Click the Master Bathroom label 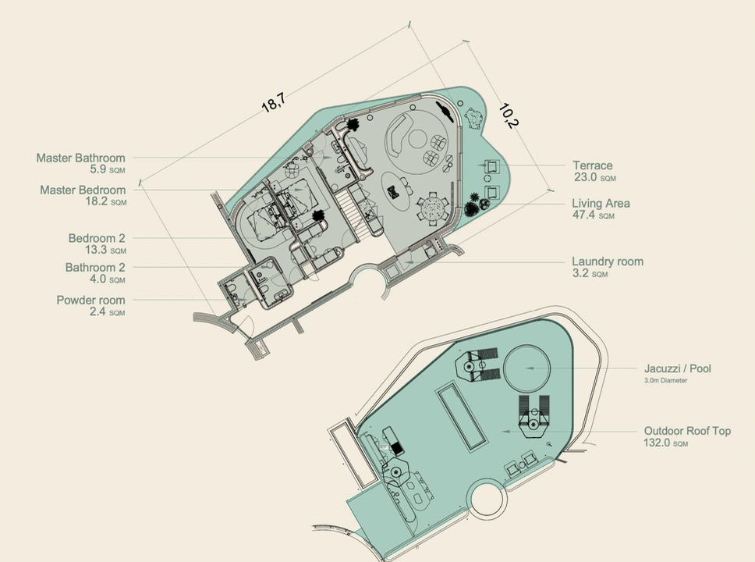[80, 158]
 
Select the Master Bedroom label [83, 190]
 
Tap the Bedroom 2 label [97, 238]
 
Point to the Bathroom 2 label [95, 268]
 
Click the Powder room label [90, 301]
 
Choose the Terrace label [593, 165]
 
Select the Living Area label [601, 204]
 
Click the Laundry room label [608, 262]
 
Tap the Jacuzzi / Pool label [678, 369]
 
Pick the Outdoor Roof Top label [687, 431]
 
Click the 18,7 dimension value [273, 101]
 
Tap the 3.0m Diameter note [666, 380]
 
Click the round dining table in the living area [430, 208]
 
